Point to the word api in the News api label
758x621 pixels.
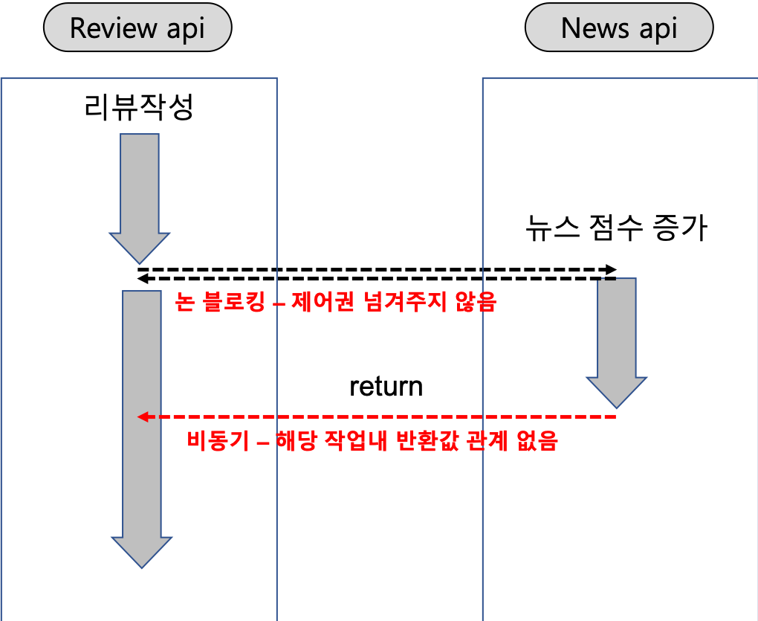tap(658, 29)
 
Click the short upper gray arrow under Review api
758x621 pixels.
tap(140, 193)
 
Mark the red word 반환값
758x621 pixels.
tap(430, 441)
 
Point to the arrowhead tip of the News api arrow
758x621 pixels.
tap(617, 406)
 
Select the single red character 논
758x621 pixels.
tap(184, 303)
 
